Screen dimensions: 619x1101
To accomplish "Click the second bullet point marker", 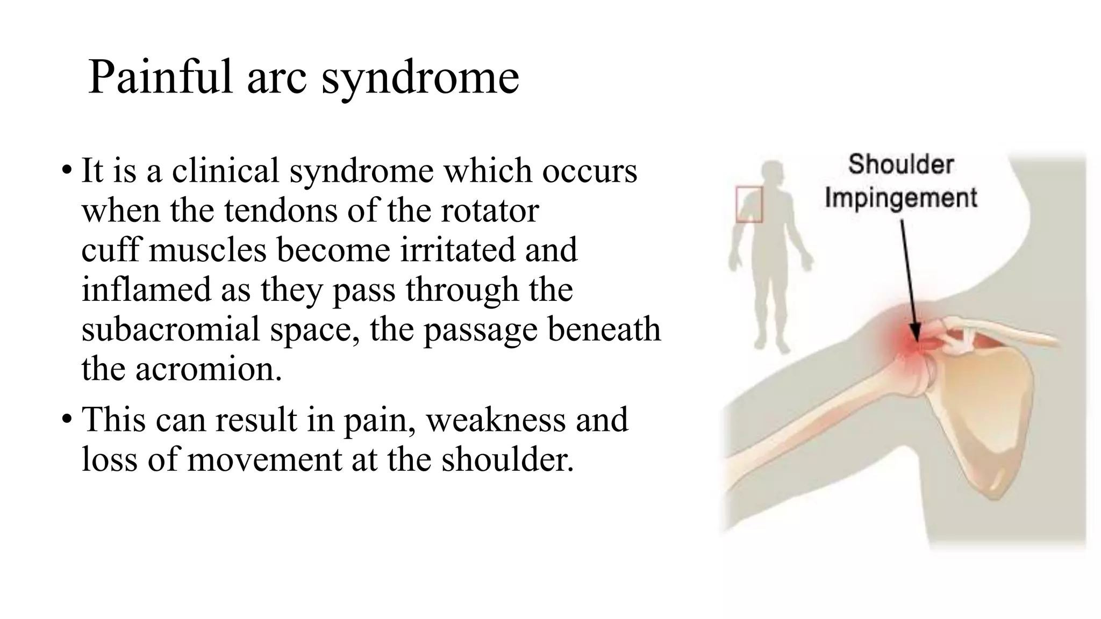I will click(x=66, y=420).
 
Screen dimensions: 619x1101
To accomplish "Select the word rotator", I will click(x=490, y=211).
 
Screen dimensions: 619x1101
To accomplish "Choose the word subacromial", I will click(x=170, y=329).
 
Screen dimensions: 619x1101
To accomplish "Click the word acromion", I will click(x=209, y=370).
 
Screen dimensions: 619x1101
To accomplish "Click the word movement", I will click(x=264, y=460).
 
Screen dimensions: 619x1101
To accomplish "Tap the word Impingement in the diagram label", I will click(x=901, y=198).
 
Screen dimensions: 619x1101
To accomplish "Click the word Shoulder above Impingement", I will click(x=901, y=164).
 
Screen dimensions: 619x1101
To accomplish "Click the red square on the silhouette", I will click(x=749, y=204).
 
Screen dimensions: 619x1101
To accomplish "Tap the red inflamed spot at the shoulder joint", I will click(x=911, y=344).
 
